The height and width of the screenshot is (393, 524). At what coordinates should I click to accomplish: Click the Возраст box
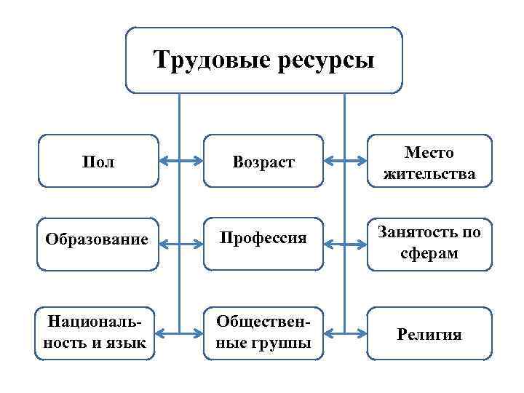click(263, 162)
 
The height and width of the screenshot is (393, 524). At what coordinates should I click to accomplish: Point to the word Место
click(429, 153)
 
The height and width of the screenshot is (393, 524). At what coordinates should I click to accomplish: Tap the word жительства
click(429, 173)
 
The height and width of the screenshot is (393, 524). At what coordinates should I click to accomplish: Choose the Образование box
click(97, 239)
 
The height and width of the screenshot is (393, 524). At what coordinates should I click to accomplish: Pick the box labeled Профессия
click(263, 238)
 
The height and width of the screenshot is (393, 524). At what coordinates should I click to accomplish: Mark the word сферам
click(429, 253)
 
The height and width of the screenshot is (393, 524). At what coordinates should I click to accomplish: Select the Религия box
click(429, 333)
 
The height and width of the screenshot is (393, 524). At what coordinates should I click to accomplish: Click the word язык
click(127, 343)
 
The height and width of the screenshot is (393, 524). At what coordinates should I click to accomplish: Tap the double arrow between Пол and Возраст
click(180, 160)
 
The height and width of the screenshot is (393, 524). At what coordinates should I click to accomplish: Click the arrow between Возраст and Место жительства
click(344, 160)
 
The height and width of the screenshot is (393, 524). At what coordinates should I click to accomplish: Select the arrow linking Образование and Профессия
click(180, 238)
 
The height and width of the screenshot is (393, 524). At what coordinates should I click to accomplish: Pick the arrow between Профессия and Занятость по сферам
click(344, 238)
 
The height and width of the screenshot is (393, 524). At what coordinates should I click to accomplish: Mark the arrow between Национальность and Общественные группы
click(180, 333)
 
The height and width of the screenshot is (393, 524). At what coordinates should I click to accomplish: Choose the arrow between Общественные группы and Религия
click(344, 333)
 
